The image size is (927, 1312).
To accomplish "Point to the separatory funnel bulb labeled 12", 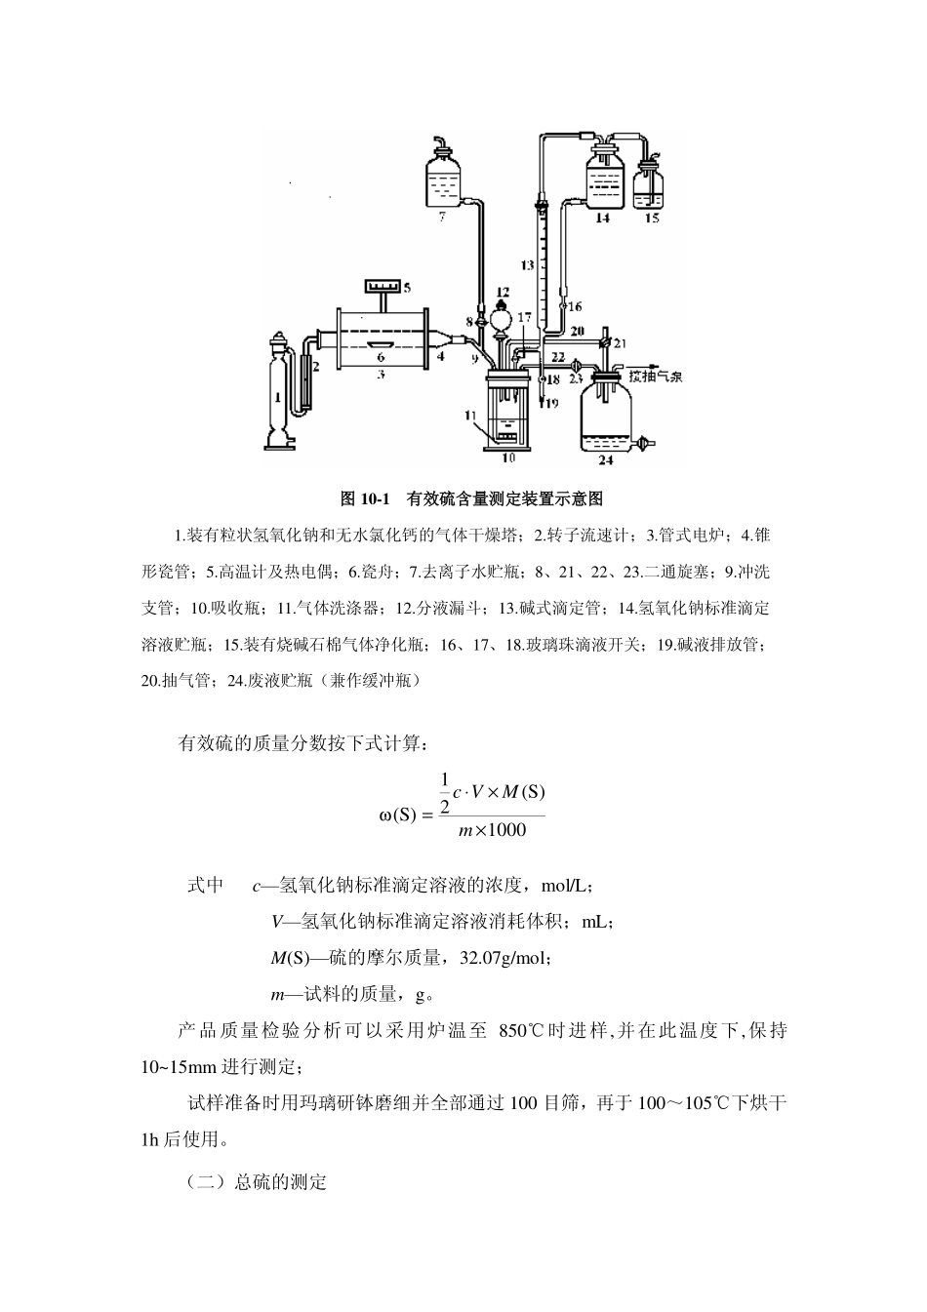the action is click(x=503, y=314).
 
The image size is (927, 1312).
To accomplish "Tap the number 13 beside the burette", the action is click(x=526, y=264).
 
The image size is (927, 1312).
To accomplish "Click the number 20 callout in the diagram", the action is click(x=576, y=331).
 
